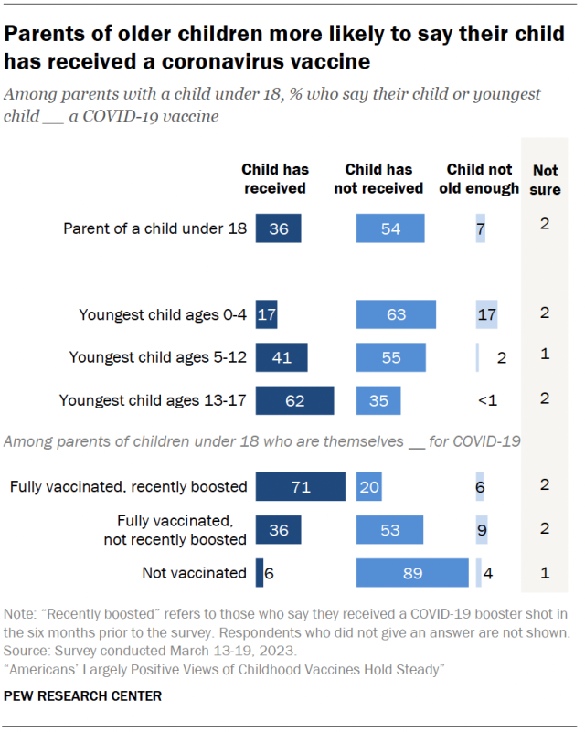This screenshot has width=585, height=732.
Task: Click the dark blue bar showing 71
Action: coord(300,486)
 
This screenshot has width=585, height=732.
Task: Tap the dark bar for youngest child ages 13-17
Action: coord(294,400)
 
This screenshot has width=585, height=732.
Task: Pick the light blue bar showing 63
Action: coord(396,313)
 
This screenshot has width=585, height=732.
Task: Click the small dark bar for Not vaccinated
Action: coord(260,573)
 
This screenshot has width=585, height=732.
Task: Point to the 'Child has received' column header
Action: coord(275,178)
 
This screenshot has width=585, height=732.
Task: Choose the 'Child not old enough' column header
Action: coord(479,178)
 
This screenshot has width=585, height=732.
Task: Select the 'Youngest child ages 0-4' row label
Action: coord(163,314)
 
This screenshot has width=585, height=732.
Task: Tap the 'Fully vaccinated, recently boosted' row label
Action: coord(128,486)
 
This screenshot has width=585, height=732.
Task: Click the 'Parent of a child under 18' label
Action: coord(154,228)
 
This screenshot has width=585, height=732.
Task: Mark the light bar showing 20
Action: coord(369,486)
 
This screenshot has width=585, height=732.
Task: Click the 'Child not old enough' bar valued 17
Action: coord(486,313)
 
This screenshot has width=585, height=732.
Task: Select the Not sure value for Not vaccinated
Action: coord(545,572)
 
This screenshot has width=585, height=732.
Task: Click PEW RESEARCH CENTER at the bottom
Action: coord(83,696)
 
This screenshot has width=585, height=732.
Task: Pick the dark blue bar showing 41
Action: coord(282,357)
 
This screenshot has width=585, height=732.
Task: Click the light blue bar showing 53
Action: coord(390,530)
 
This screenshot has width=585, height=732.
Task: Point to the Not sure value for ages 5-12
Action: coord(545,353)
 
